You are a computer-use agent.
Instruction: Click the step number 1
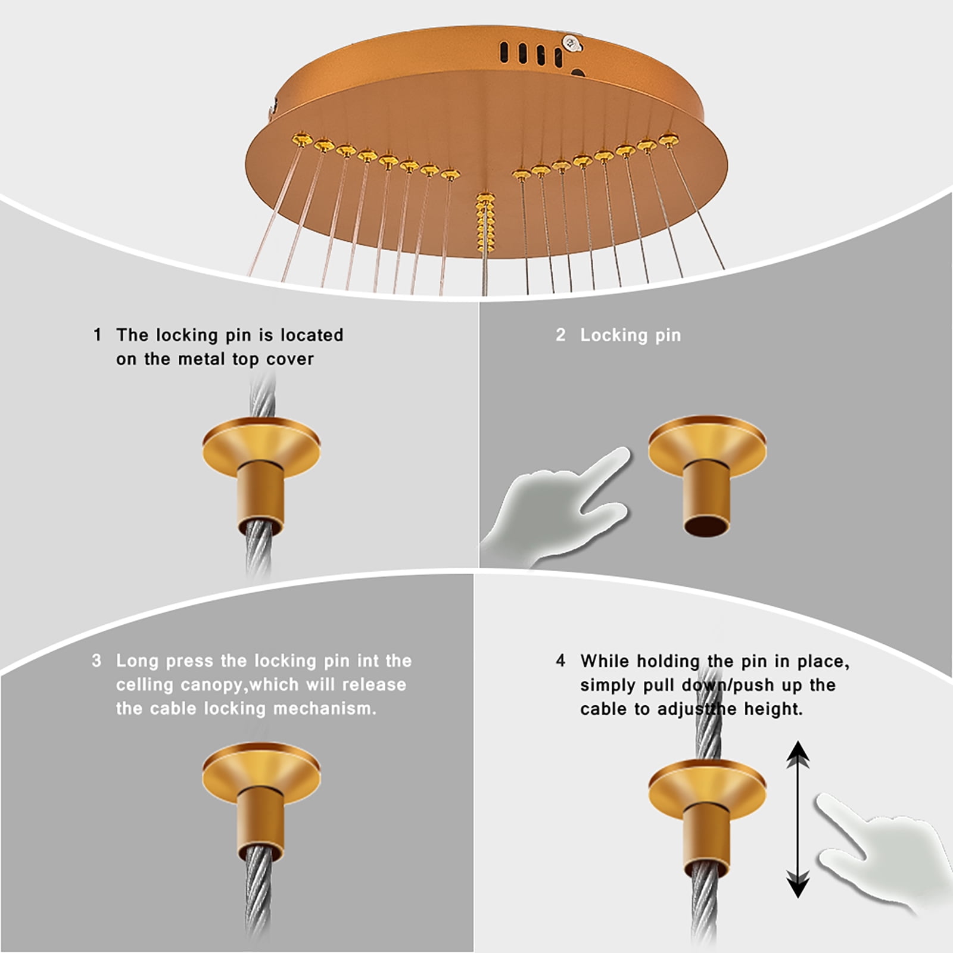pyautogui.click(x=97, y=335)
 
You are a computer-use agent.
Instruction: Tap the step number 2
pyautogui.click(x=560, y=335)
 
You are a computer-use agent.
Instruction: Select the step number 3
pyautogui.click(x=96, y=661)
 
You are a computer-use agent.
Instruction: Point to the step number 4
pyautogui.click(x=560, y=661)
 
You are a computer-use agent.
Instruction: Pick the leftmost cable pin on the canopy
pyautogui.click(x=301, y=140)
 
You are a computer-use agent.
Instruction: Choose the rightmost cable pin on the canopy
pyautogui.click(x=668, y=140)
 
